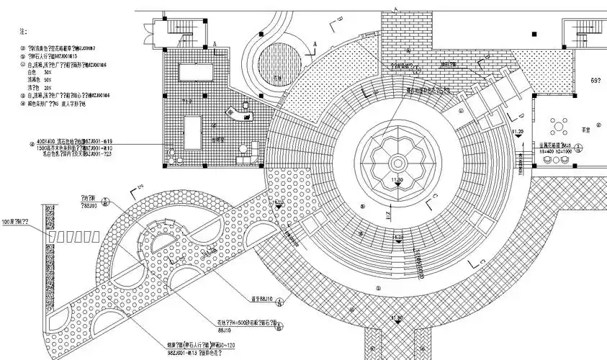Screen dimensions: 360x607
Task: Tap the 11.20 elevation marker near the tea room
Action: click(516, 132)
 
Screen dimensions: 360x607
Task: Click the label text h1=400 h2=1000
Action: click(557, 152)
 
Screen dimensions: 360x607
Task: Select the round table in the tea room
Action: click(558, 127)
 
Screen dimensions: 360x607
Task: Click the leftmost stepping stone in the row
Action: click(53, 236)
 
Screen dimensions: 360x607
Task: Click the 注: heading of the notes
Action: click(22, 32)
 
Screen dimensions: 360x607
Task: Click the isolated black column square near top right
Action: click(533, 32)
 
